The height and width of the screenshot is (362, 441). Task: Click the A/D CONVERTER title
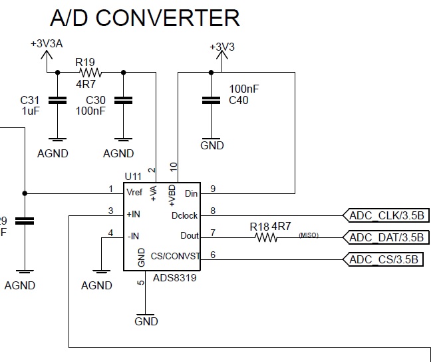point(144,18)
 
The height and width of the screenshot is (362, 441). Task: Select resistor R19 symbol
point(90,72)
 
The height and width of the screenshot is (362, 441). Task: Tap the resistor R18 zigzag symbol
point(265,237)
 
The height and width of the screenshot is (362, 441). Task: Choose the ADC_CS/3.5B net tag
point(383,259)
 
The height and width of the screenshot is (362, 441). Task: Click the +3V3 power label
point(222,47)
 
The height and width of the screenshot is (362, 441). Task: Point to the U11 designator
point(133,177)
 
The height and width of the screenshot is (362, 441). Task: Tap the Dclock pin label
point(184,215)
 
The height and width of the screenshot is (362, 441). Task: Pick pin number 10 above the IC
point(174,167)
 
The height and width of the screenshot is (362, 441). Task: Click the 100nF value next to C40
point(245,89)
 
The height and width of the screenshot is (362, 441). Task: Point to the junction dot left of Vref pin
point(25,193)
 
